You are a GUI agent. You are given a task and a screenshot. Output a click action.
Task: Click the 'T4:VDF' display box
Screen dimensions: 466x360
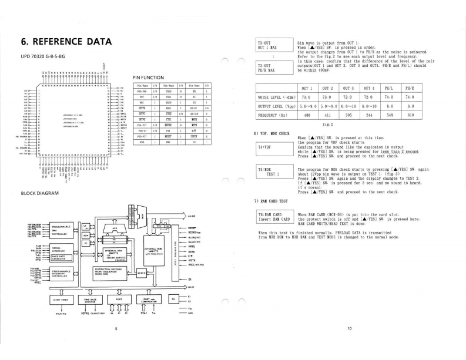tap(275, 147)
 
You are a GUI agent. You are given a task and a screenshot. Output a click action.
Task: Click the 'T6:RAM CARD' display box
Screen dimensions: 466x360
tap(275, 218)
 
